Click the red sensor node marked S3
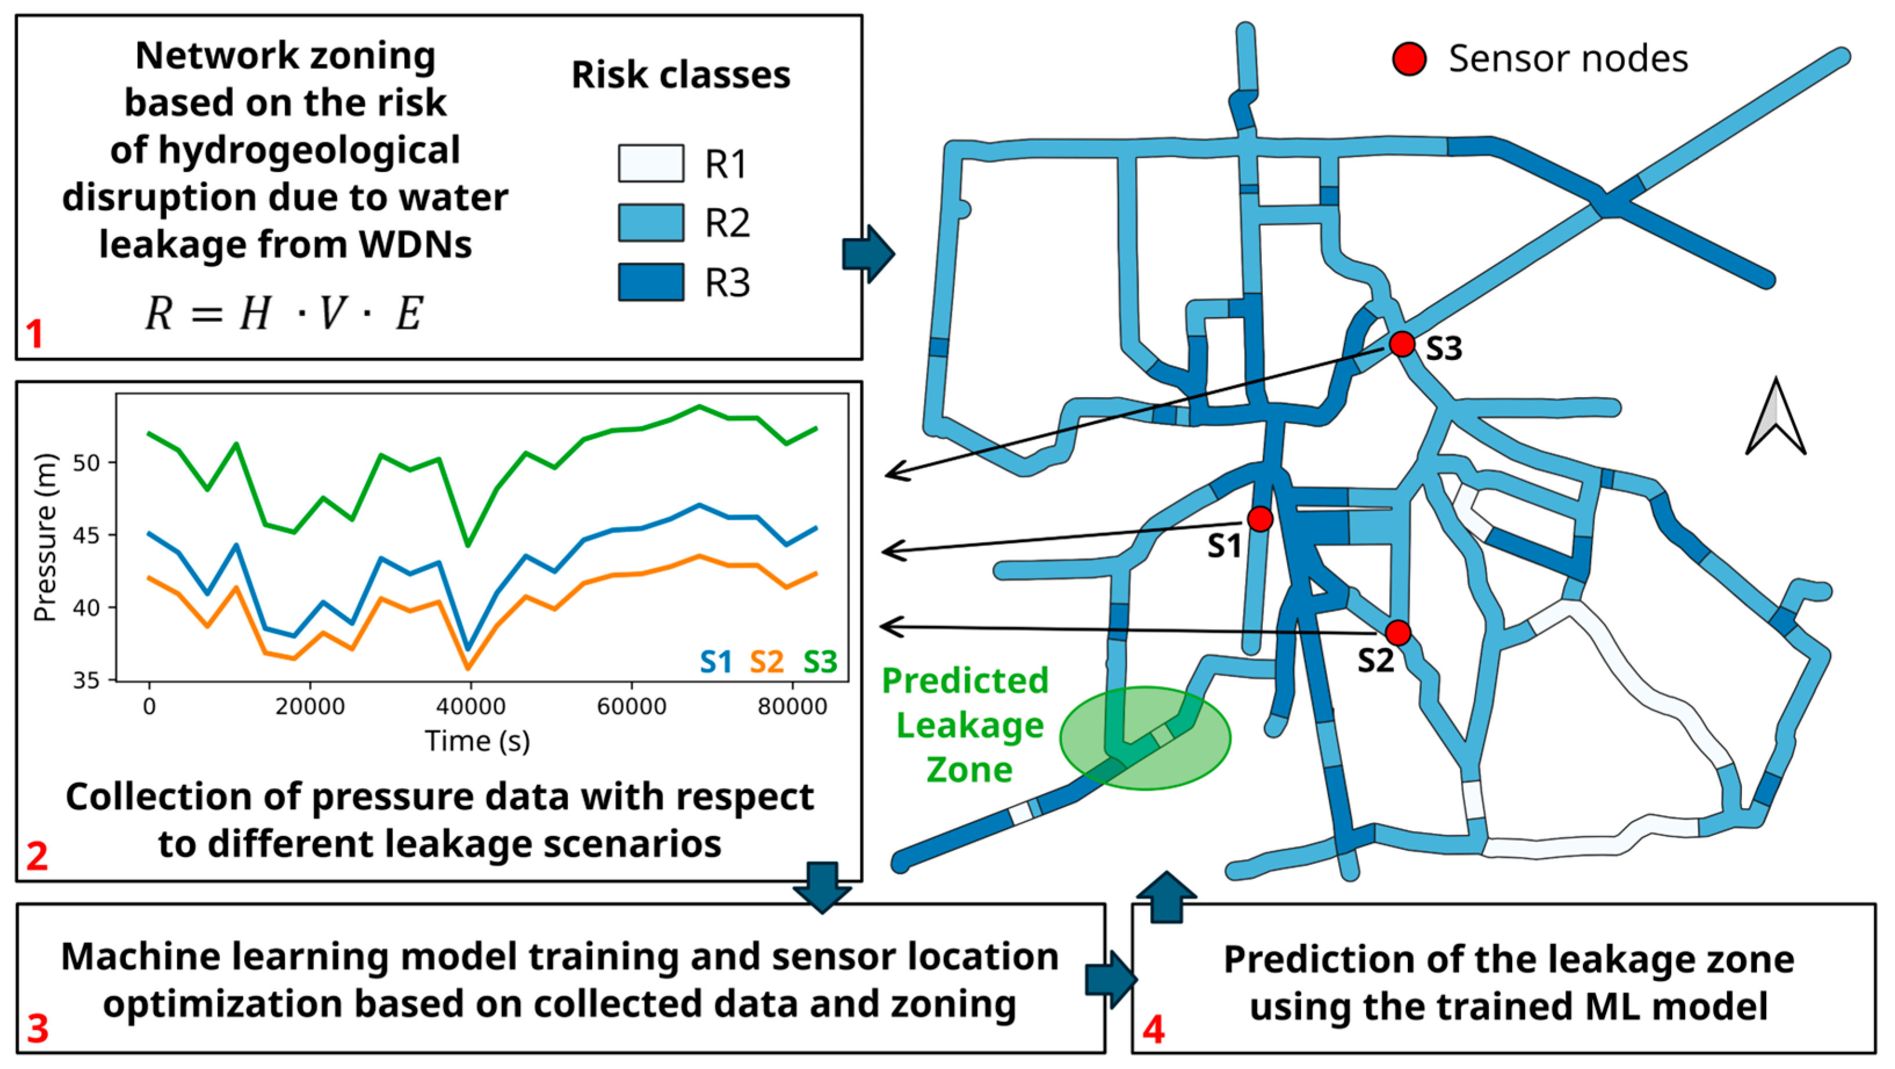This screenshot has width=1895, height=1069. point(1402,343)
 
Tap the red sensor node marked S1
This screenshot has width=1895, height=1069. point(1260,519)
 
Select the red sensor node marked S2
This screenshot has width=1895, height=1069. point(1397,632)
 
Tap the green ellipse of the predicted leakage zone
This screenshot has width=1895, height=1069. point(1145,737)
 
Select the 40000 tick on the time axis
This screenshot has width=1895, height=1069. point(471,707)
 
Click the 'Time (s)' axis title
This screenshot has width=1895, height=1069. point(477,740)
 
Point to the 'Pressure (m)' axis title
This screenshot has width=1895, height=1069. point(46,537)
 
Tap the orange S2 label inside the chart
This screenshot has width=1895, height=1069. point(767,661)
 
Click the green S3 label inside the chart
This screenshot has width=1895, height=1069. point(821,661)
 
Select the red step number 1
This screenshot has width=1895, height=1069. point(35,334)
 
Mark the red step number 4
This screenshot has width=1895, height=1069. point(1153,1030)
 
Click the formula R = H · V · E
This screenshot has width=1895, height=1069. point(283,314)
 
